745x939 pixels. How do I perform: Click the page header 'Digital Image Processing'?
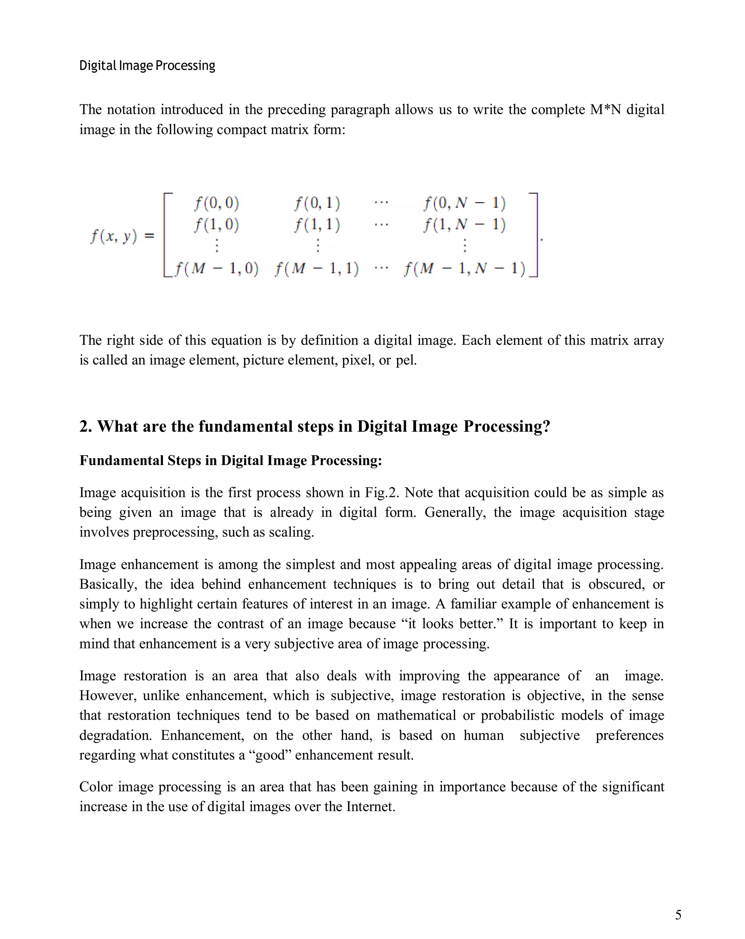coord(147,66)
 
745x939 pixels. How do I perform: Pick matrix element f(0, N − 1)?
coord(464,203)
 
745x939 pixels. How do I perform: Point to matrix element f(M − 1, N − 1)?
coord(465,269)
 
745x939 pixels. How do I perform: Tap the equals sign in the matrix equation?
coord(149,236)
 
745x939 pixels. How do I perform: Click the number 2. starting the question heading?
coord(85,426)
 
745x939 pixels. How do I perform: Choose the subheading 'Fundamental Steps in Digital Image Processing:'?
coord(230,460)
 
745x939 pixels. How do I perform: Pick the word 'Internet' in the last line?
coord(370,807)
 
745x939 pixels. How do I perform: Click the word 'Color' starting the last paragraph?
coord(95,787)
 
